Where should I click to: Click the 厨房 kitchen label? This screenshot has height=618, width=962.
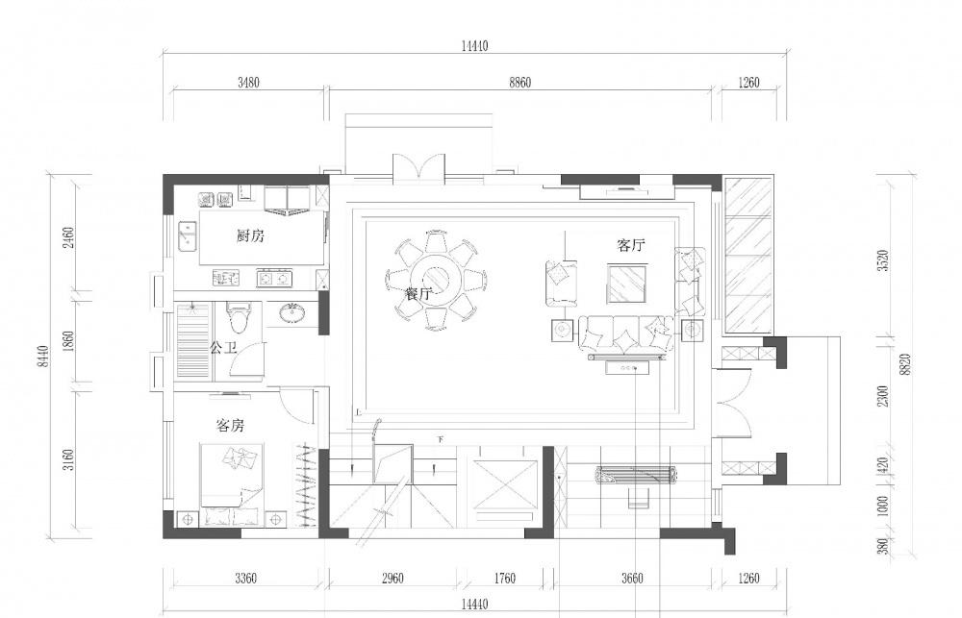[250, 235]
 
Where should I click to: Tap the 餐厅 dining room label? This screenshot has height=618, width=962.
[419, 294]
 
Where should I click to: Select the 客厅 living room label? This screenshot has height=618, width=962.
[631, 246]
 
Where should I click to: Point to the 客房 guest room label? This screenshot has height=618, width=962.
[231, 425]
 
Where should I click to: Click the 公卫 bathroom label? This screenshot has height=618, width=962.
[223, 348]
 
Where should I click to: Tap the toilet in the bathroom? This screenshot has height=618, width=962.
[239, 316]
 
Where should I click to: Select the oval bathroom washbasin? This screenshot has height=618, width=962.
[293, 312]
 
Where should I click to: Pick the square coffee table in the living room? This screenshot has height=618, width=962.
[627, 283]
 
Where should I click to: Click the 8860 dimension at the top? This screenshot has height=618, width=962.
[519, 82]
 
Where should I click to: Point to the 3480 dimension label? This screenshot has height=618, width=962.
[248, 82]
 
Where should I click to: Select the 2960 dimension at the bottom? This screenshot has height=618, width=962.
[392, 579]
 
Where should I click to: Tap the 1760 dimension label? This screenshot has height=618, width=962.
[504, 579]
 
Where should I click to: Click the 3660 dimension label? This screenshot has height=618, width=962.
[632, 579]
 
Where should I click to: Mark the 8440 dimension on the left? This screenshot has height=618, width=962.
[43, 357]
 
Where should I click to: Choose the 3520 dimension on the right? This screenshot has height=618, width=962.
[883, 261]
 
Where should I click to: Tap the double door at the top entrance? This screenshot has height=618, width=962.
[418, 167]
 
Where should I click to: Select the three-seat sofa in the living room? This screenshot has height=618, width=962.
[626, 334]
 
